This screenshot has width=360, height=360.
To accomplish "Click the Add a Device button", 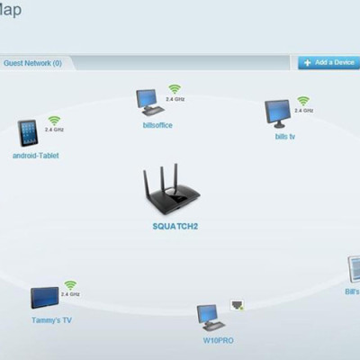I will coord(328,63).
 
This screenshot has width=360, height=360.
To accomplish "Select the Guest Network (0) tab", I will coord(32,63).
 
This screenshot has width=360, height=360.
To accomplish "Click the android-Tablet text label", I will coord(35,155).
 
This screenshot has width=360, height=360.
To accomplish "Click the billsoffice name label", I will coord(157,124).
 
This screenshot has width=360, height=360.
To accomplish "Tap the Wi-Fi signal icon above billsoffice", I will coord(174,89).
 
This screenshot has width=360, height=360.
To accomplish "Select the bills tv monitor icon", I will coord(276,113).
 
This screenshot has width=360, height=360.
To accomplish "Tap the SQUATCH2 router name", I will coord(175,225).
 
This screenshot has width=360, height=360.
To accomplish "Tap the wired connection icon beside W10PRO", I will coord(238,306).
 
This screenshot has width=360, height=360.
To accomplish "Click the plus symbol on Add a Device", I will coord(307,63).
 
